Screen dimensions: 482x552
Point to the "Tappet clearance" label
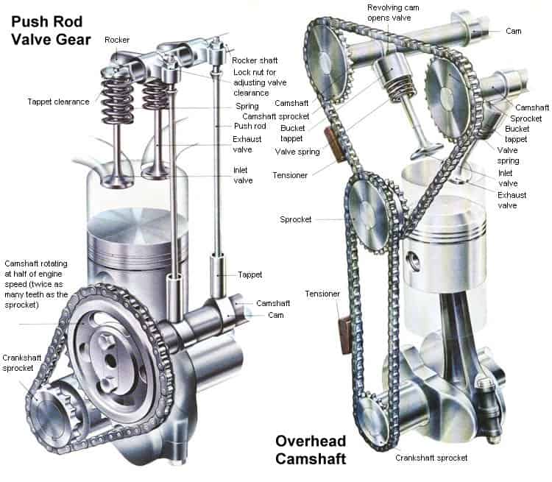[57, 101]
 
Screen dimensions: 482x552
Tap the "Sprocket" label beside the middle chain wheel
[295, 219]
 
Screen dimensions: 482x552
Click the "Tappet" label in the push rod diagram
[250, 274]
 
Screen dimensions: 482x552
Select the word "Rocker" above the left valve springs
[117, 39]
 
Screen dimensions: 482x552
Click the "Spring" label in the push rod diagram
[247, 106]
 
